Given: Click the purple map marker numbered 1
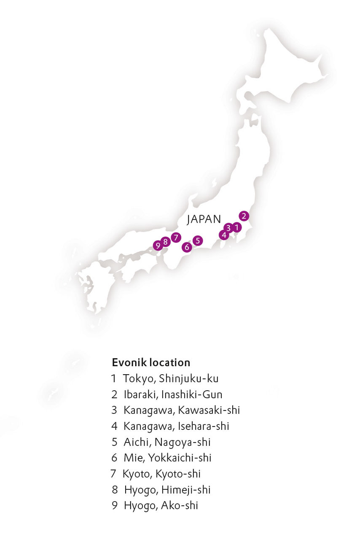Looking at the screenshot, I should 237,228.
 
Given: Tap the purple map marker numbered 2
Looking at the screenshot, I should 244,216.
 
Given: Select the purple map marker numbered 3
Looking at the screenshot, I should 228,228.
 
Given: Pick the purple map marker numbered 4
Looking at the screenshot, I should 223,235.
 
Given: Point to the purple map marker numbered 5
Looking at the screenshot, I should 198,240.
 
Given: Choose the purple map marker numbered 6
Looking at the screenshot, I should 187,247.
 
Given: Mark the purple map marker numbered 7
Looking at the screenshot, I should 176,237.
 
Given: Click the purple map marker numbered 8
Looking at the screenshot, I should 166,242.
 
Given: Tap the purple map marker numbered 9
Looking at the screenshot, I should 158,245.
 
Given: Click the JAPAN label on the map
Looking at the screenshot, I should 204,219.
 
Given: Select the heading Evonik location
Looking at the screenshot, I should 151,362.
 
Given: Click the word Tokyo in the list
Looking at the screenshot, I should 139,379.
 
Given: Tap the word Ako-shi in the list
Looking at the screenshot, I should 179,506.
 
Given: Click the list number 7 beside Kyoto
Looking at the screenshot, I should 113,474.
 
